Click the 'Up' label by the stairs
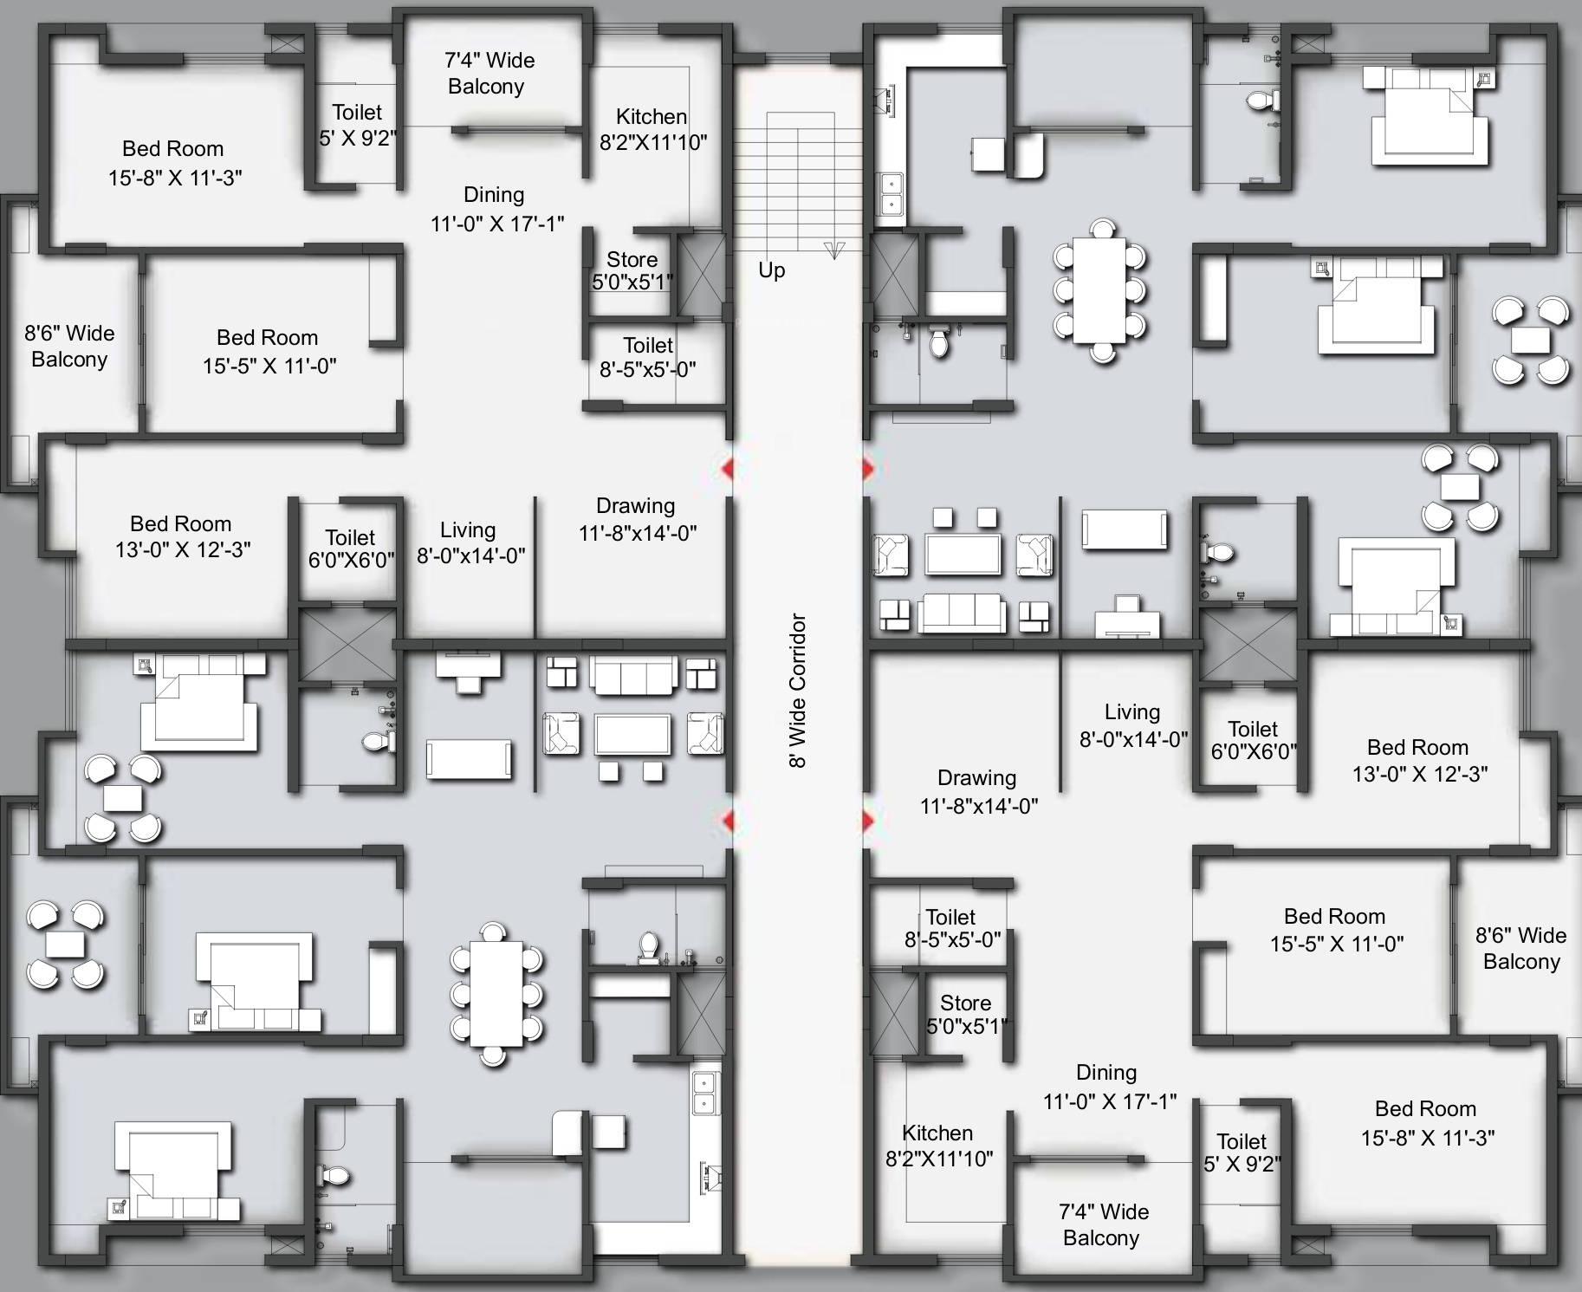771,270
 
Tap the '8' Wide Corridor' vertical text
798,691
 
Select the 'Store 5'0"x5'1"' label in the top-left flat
632,270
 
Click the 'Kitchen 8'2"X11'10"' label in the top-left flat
652,129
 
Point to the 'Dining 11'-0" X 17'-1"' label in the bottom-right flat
1109,1087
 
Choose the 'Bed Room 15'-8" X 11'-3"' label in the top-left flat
174,163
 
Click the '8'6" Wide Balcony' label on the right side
1521,948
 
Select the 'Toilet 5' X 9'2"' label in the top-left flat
357,125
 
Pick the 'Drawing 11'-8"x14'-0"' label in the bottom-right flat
978,791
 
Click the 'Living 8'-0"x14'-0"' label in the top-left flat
470,542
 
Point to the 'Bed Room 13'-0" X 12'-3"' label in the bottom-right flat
1419,760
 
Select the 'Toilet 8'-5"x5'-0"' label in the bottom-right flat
951,928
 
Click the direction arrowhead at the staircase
834,250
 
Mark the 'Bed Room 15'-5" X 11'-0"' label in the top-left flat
269,351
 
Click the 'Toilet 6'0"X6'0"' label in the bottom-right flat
1253,740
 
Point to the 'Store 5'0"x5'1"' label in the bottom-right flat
966,1015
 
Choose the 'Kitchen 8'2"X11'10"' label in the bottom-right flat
938,1146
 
